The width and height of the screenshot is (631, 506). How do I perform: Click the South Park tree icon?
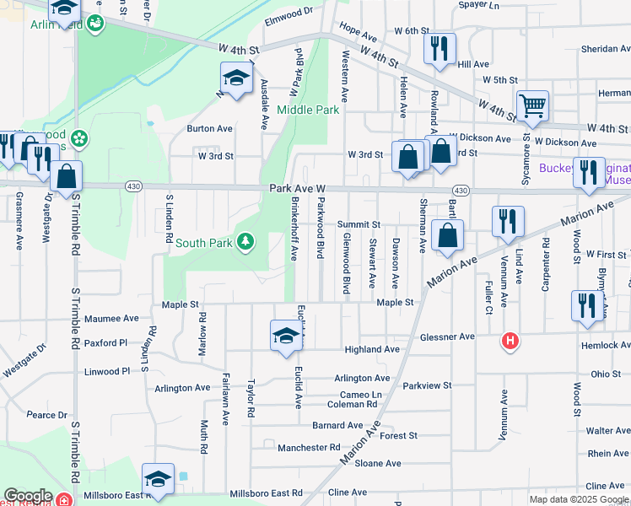coord(245,243)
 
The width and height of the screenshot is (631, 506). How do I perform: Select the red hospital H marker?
coord(510,342)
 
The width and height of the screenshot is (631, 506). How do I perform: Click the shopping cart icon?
coord(532,105)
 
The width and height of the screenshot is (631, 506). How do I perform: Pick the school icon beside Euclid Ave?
coord(286,336)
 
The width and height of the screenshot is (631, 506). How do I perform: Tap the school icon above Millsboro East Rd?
coord(158,478)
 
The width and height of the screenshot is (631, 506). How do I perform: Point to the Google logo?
coord(28,496)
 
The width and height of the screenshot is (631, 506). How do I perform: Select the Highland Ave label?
coord(372,349)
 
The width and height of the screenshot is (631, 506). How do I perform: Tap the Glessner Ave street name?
coord(447,336)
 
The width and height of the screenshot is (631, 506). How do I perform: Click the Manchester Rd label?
coord(309,447)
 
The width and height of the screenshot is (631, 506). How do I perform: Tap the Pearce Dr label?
coord(46,415)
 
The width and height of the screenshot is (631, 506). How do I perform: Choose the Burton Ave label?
coord(209,129)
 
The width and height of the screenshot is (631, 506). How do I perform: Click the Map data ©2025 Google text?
coord(577,499)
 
